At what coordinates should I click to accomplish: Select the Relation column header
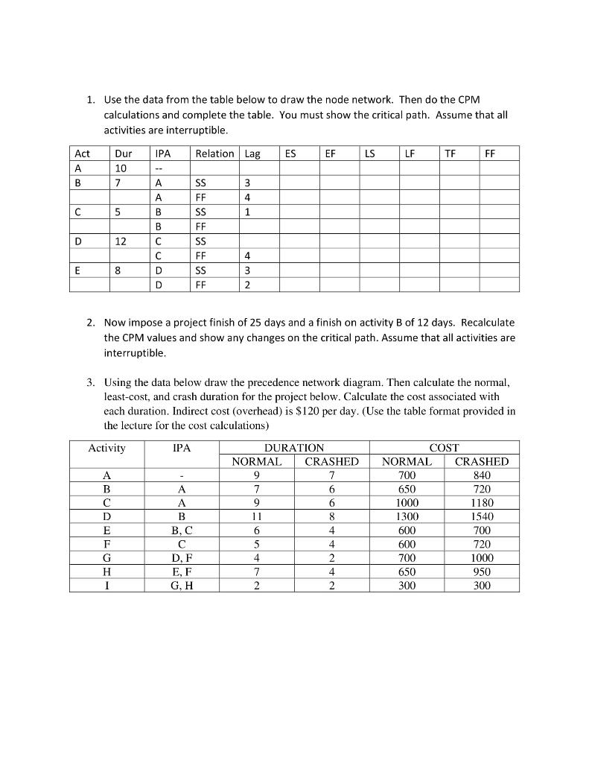tap(214, 153)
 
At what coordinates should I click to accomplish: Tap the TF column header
tap(450, 153)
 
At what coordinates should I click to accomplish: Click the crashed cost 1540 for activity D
tap(481, 516)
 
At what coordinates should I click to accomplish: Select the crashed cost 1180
tap(481, 502)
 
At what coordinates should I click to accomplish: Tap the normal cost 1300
tap(407, 516)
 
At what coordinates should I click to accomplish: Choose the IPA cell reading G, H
tap(182, 585)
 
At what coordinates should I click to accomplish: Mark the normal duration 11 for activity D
tap(257, 516)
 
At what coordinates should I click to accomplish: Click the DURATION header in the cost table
tap(294, 448)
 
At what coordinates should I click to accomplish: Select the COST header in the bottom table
tap(445, 448)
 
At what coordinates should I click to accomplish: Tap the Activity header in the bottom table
tap(107, 448)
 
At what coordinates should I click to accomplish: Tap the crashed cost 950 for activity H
tap(481, 572)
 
